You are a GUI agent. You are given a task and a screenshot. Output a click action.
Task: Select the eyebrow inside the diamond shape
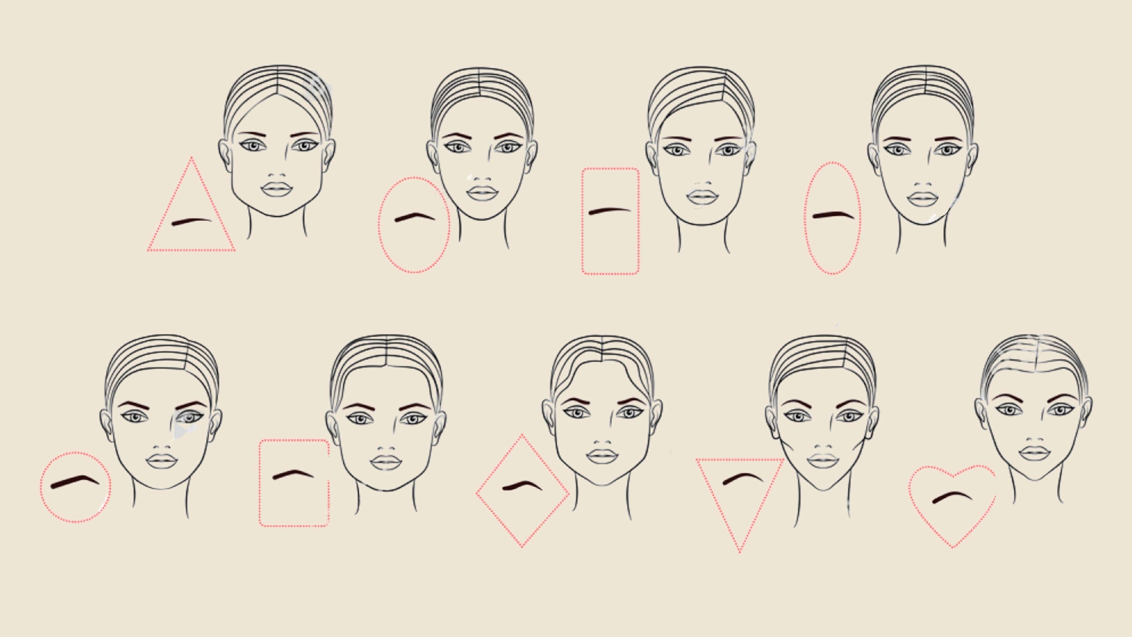point(522,486)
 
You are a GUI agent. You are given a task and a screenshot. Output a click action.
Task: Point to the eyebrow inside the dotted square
point(293,474)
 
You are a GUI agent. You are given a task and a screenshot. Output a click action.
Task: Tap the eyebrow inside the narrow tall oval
point(833,215)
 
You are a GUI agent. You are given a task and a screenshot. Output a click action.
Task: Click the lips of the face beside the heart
point(1034,453)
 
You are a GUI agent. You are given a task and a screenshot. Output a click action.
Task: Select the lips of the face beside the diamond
point(602,456)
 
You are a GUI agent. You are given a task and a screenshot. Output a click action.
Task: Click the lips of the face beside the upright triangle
point(276,189)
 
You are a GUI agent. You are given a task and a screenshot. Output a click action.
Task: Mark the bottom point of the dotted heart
point(953,547)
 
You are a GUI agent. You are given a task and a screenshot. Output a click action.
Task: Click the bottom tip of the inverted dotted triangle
point(740,552)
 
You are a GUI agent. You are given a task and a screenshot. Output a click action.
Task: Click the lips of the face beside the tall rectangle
point(702,197)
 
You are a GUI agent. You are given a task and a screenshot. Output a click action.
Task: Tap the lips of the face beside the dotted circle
point(162,461)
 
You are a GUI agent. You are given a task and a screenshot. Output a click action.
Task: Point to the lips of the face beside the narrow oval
point(923,199)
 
